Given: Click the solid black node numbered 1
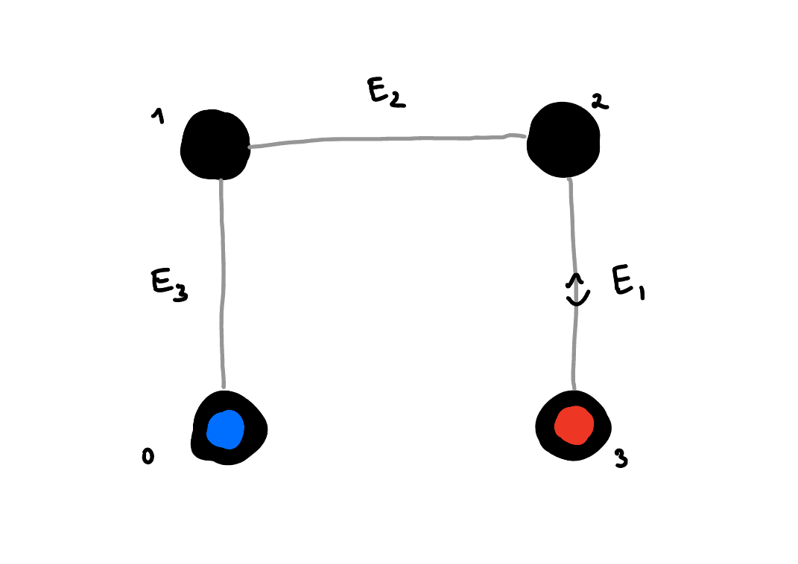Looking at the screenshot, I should tap(215, 144).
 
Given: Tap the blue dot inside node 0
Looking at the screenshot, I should tap(225, 429).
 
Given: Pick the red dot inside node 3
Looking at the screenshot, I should tap(574, 425).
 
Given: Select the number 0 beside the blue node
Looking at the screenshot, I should tap(148, 456).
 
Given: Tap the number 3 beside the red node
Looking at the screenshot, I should tap(621, 459).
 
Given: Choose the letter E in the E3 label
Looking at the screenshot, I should tap(162, 283).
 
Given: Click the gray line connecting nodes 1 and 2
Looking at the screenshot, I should tap(387, 139).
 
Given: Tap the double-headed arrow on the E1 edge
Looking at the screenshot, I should tap(575, 289).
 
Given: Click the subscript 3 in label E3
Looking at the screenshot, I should tap(180, 294).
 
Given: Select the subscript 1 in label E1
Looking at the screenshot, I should tap(641, 292).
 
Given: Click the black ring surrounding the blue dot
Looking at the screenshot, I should tap(253, 429).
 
